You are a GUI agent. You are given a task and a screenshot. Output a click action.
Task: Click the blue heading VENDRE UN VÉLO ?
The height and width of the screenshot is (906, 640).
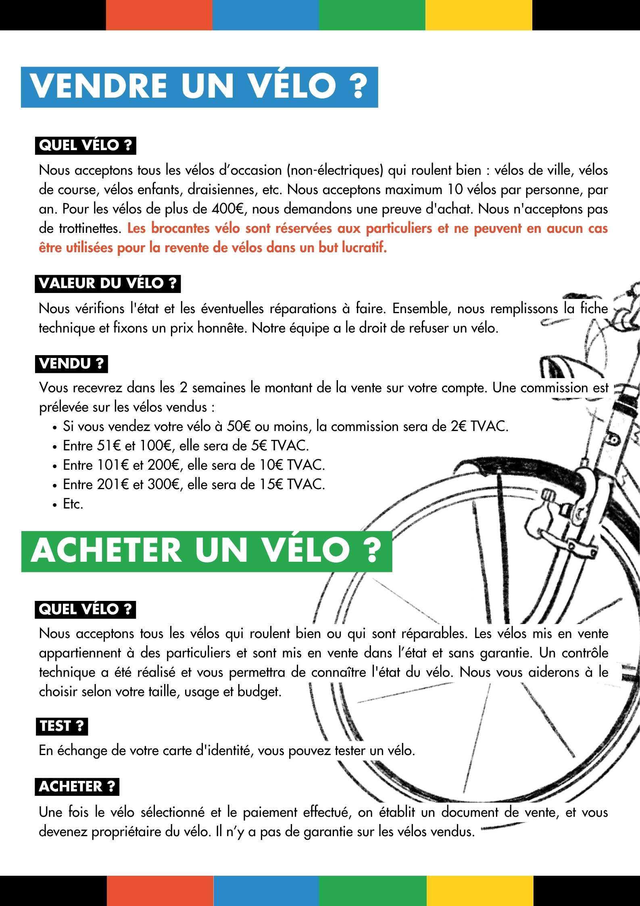tap(199, 87)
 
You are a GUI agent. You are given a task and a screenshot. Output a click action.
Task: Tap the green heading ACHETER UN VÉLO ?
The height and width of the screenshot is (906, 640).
tap(206, 551)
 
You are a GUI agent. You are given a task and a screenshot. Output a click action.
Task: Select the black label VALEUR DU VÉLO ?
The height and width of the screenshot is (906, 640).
tap(108, 283)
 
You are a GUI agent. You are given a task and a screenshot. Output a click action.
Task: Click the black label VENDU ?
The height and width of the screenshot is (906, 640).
tap(71, 364)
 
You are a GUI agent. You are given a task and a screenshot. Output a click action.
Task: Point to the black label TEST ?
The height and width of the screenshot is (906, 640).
tap(61, 726)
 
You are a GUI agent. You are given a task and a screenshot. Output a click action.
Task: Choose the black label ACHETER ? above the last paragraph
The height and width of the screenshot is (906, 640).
tap(77, 787)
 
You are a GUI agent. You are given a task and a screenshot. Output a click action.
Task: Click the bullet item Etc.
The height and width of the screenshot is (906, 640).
tap(73, 504)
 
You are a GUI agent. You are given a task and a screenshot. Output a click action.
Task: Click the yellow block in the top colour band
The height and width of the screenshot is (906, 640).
tap(479, 15)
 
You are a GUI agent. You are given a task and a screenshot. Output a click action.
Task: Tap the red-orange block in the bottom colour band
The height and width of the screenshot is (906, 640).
tap(160, 891)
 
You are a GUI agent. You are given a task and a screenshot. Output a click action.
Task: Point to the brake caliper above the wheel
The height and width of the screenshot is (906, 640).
tap(565, 517)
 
